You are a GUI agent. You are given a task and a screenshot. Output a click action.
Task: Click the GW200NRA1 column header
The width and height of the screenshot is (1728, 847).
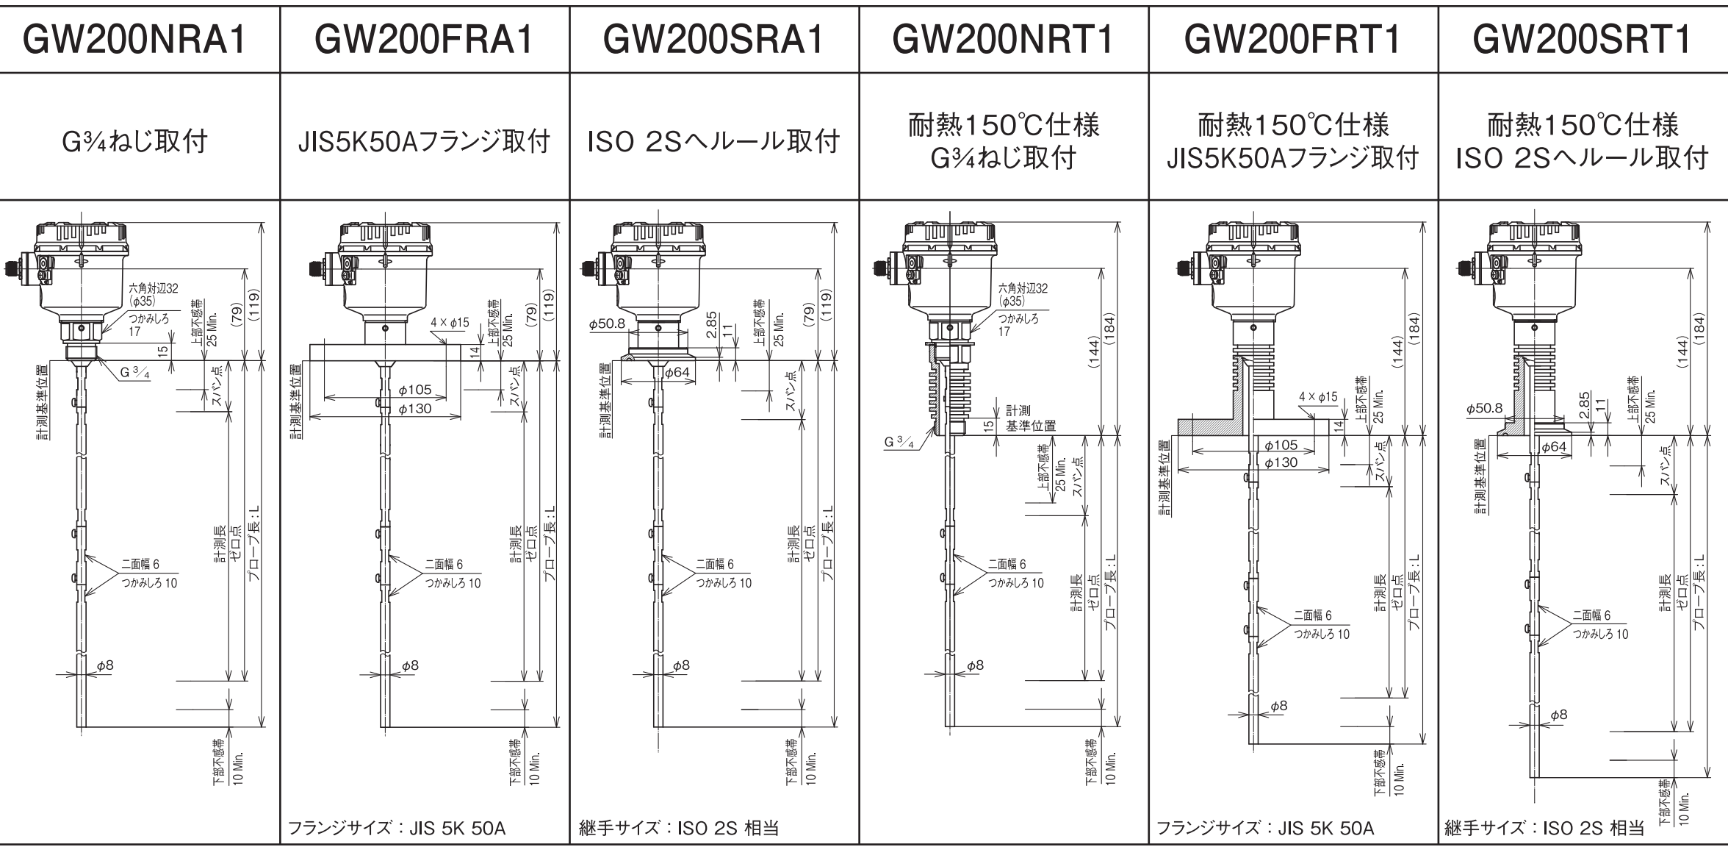pyautogui.click(x=134, y=40)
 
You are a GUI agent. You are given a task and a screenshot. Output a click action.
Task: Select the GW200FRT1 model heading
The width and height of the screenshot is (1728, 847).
pyautogui.click(x=1292, y=40)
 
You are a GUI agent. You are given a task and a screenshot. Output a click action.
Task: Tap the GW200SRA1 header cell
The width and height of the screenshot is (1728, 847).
pyautogui.click(x=713, y=40)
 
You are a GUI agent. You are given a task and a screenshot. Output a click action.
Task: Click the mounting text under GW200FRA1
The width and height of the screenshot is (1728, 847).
pyautogui.click(x=424, y=141)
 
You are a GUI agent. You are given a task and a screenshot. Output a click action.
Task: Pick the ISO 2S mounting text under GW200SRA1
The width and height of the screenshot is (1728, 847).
pyautogui.click(x=713, y=141)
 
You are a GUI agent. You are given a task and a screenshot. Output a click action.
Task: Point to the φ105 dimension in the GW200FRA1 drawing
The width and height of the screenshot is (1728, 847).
pyautogui.click(x=415, y=390)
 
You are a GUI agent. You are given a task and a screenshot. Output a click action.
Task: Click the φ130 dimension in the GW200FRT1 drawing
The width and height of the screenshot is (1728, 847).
pyautogui.click(x=1280, y=462)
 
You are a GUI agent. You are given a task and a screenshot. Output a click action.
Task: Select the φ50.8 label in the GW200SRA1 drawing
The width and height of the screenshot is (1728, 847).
pyautogui.click(x=606, y=324)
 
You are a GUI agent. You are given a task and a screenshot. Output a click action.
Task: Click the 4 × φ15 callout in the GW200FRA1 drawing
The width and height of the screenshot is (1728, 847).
pyautogui.click(x=450, y=323)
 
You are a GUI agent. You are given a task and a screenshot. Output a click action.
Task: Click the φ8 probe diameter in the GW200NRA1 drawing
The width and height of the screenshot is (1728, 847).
pyautogui.click(x=105, y=665)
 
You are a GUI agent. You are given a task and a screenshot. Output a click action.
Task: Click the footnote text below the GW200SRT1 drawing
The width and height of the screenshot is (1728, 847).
pyautogui.click(x=1544, y=828)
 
